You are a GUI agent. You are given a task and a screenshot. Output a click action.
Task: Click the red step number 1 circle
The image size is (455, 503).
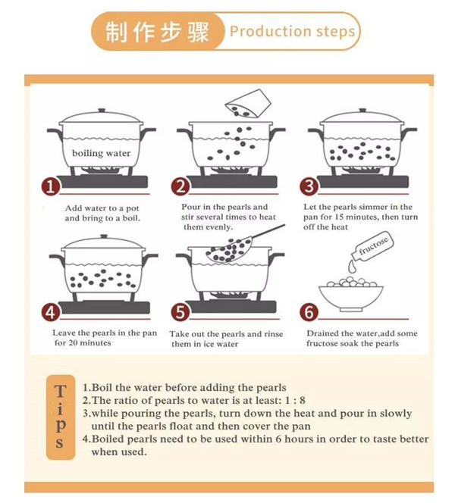click(50, 186)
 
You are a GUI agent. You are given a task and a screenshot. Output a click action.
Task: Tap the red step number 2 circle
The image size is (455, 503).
click(180, 186)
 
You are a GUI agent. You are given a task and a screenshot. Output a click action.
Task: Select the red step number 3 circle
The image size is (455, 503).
click(309, 186)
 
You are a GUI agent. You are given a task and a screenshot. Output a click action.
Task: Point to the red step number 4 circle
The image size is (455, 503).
click(50, 312)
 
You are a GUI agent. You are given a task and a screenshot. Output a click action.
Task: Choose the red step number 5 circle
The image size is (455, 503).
click(180, 312)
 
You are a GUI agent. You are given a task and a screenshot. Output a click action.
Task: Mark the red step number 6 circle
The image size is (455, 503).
click(309, 312)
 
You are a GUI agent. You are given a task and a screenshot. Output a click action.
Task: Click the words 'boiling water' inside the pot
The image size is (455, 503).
click(101, 153)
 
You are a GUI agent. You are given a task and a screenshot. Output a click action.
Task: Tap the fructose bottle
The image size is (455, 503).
click(372, 245)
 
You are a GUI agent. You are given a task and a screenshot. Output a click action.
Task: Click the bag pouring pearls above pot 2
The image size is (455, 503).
click(248, 104)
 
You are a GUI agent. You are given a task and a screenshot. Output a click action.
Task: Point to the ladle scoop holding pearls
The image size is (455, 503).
click(229, 250)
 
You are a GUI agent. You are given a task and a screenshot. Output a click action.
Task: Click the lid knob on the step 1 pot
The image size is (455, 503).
click(102, 111)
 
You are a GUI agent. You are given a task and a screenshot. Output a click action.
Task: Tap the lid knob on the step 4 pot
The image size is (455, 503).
click(104, 236)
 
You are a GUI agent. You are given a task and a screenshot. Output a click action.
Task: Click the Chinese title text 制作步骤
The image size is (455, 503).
click(157, 32)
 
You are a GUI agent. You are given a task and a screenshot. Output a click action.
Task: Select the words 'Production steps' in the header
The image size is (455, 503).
click(292, 32)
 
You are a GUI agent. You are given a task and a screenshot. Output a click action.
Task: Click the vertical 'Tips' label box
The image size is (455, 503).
click(61, 417)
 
